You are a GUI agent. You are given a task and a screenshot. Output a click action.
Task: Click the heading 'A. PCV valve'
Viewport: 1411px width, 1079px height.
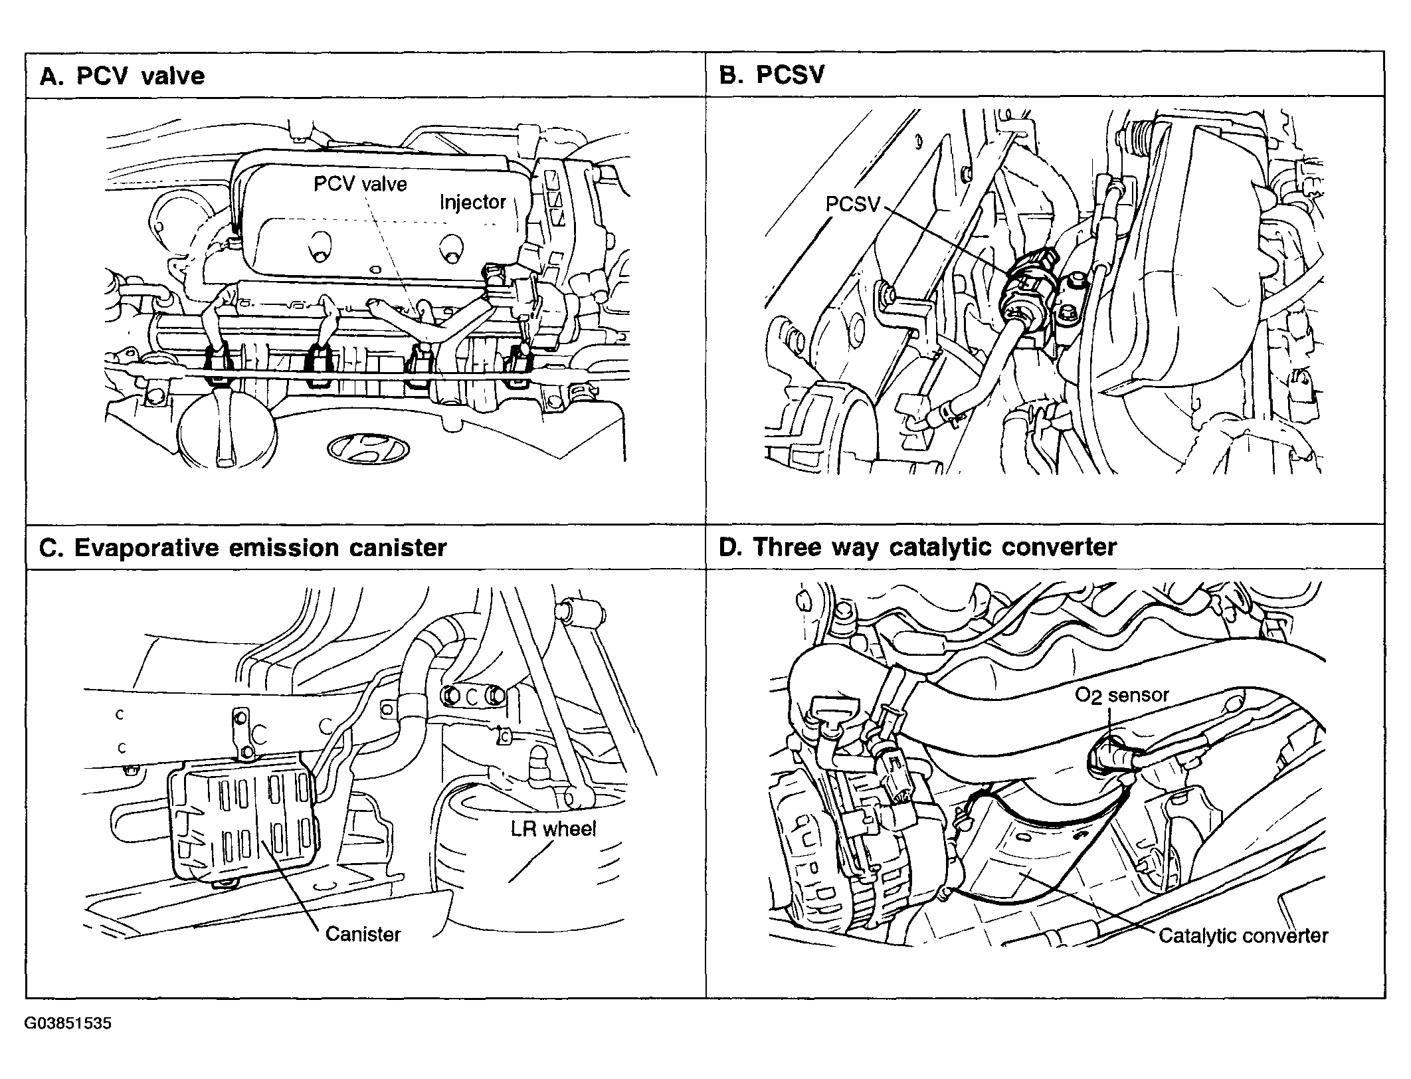[x=122, y=76]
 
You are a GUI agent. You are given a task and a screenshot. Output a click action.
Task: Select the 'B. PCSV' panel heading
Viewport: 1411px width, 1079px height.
[x=771, y=74]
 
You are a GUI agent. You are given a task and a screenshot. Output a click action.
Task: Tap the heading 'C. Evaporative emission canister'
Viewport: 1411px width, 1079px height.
[x=243, y=547]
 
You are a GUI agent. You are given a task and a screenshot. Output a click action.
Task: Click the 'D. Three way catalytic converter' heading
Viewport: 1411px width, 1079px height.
[x=917, y=547]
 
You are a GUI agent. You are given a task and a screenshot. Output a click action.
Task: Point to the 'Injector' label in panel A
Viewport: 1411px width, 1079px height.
[x=472, y=202]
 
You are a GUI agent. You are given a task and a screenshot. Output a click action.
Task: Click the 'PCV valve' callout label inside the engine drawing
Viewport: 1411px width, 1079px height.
[x=360, y=183]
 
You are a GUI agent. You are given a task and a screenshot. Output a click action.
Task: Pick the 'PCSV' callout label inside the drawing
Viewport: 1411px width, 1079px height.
[x=852, y=203]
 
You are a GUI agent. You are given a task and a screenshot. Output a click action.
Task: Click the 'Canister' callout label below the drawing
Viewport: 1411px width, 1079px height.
[x=363, y=934]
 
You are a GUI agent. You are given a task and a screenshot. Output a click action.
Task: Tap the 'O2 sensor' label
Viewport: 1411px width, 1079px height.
[x=1121, y=696]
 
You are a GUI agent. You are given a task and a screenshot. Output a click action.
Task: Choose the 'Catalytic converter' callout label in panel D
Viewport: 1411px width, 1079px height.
[x=1243, y=935]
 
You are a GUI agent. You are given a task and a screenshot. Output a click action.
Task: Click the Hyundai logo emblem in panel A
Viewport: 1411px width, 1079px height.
[x=367, y=448]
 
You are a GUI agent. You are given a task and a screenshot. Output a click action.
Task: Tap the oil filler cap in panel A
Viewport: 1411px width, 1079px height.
[x=226, y=425]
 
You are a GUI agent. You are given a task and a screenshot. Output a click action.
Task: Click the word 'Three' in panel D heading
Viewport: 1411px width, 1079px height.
[x=787, y=547]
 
